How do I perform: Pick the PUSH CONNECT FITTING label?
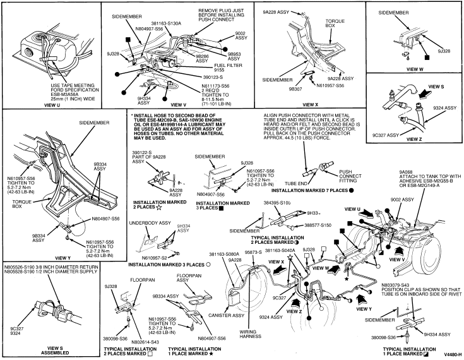(357, 174)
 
